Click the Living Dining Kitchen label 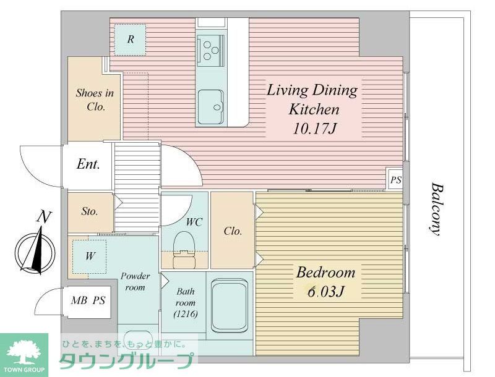click(x=312, y=100)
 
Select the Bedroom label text click(x=325, y=273)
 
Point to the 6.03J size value click(x=325, y=291)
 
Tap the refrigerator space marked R click(x=131, y=40)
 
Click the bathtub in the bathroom click(x=230, y=305)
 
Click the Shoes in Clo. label click(x=95, y=100)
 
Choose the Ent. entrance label click(x=88, y=165)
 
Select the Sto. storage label click(x=90, y=211)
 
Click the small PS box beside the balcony click(x=395, y=180)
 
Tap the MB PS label click(x=87, y=302)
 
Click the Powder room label click(x=135, y=281)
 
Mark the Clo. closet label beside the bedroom click(x=233, y=231)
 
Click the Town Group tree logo click(x=24, y=353)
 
